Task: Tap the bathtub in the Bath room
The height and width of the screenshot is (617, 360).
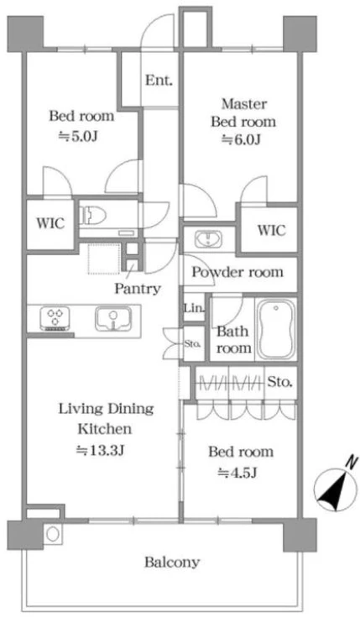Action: click(276, 328)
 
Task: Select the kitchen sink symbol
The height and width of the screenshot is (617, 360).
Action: click(113, 318)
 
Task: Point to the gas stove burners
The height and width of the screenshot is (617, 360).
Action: click(55, 318)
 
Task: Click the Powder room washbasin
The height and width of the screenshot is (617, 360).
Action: click(208, 239)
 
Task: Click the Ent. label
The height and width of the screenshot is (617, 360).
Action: click(159, 81)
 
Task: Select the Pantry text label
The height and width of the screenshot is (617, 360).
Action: click(138, 289)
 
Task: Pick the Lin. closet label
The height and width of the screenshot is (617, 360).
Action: click(194, 308)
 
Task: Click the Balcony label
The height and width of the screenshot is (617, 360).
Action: click(172, 562)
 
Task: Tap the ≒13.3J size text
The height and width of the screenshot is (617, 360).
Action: click(101, 450)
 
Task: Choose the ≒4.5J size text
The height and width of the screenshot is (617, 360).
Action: click(237, 472)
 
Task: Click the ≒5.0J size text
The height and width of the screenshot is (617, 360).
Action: click(78, 136)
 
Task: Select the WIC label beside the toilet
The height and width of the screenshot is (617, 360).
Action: click(50, 223)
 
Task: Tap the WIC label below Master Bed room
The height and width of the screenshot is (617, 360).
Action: click(272, 230)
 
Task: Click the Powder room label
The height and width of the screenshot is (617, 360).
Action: click(237, 272)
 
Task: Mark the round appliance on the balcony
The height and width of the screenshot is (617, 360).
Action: click(52, 534)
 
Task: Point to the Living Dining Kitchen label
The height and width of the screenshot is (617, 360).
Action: click(106, 419)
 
